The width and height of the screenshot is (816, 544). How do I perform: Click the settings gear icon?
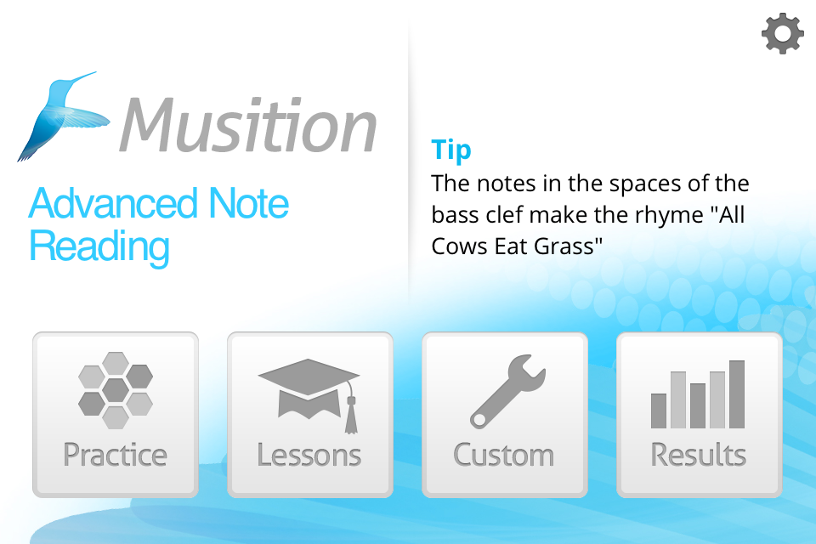click(x=783, y=34)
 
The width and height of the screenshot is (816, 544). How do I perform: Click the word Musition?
click(x=247, y=126)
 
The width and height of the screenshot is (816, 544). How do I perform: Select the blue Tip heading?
click(x=451, y=150)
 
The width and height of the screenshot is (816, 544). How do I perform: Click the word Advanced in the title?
click(x=113, y=203)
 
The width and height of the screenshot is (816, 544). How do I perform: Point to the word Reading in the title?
click(x=99, y=247)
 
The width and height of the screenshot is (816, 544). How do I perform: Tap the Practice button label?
click(x=115, y=455)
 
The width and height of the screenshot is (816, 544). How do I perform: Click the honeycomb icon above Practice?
click(x=116, y=390)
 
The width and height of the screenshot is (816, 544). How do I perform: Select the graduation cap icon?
click(x=309, y=395)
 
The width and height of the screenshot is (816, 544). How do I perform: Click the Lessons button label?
click(x=309, y=455)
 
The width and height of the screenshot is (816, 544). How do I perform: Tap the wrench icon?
click(x=507, y=392)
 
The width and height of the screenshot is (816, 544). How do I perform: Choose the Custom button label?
click(x=504, y=455)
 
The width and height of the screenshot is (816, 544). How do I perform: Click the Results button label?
click(x=699, y=455)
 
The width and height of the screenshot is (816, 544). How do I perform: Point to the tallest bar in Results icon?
click(x=737, y=394)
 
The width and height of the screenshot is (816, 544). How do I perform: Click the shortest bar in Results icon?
click(x=659, y=411)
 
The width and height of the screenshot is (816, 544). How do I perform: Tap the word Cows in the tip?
click(x=460, y=246)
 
